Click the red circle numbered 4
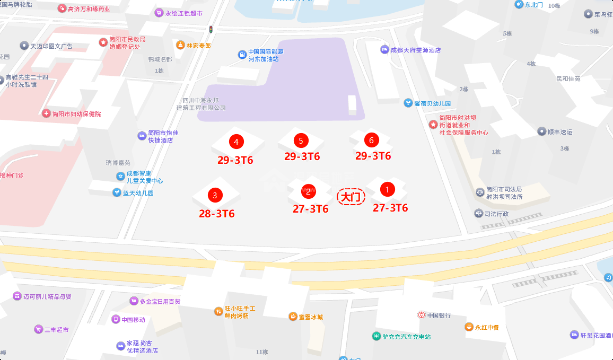tap(236, 142)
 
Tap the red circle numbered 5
tap(301, 141)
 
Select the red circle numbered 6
tap(371, 140)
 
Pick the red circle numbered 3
tap(215, 195)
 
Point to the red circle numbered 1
tap(387, 189)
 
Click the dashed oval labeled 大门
tap(351, 197)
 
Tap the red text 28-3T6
tap(217, 214)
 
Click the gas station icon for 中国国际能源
tap(242, 54)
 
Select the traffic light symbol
tap(211, 29)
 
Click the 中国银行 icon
tap(421, 315)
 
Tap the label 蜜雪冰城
tap(311, 317)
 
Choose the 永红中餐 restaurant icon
tap(469, 327)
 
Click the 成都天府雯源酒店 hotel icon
tap(384, 50)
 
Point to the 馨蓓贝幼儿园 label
tap(432, 103)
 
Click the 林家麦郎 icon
tap(181, 46)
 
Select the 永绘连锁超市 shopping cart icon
tap(159, 13)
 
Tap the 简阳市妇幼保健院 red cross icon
tap(46, 113)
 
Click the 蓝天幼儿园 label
tap(138, 193)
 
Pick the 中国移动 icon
tap(116, 319)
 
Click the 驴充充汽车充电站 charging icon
tap(376, 336)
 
